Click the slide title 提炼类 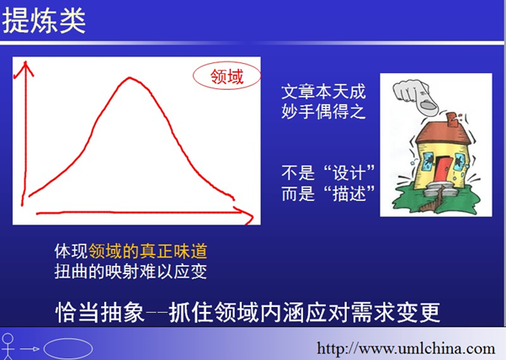pyautogui.click(x=44, y=21)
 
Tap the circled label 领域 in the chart pyautogui.click(x=226, y=76)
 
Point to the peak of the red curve pyautogui.click(x=130, y=77)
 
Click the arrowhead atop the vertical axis pyautogui.click(x=24, y=68)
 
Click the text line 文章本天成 pyautogui.click(x=323, y=92)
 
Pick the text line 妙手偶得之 pyautogui.click(x=323, y=112)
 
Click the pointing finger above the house pyautogui.click(x=415, y=96)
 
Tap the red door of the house pyautogui.click(x=442, y=169)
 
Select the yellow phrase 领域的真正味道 pyautogui.click(x=148, y=251)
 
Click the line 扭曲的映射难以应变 pyautogui.click(x=130, y=272)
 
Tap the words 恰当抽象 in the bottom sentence pyautogui.click(x=99, y=312)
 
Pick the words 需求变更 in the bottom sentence pyautogui.click(x=396, y=312)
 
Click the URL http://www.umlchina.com pyautogui.click(x=406, y=348)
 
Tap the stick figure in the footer pyautogui.click(x=8, y=347)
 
